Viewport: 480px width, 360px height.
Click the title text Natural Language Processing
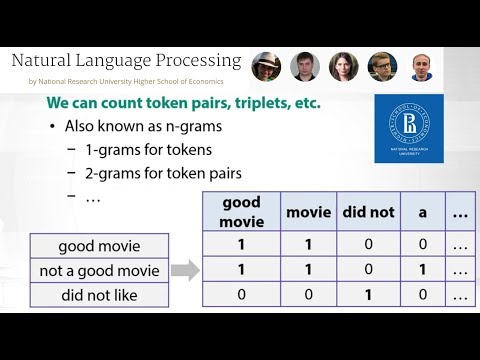(126, 61)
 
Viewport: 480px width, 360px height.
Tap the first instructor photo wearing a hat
(267, 67)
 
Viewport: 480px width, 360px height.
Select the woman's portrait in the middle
(343, 67)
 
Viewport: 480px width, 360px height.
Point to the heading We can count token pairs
(191, 104)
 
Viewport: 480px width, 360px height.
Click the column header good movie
(240, 212)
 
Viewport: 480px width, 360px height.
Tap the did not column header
(369, 212)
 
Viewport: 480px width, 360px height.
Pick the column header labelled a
(422, 212)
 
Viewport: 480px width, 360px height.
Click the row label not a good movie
(99, 270)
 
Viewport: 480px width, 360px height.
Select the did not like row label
(99, 295)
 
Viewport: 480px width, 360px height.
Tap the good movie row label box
(99, 245)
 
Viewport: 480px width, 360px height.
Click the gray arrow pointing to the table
(183, 270)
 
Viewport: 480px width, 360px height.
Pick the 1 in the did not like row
(369, 295)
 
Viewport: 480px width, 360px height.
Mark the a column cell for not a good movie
(422, 270)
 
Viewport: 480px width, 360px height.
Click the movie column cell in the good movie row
(308, 245)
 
